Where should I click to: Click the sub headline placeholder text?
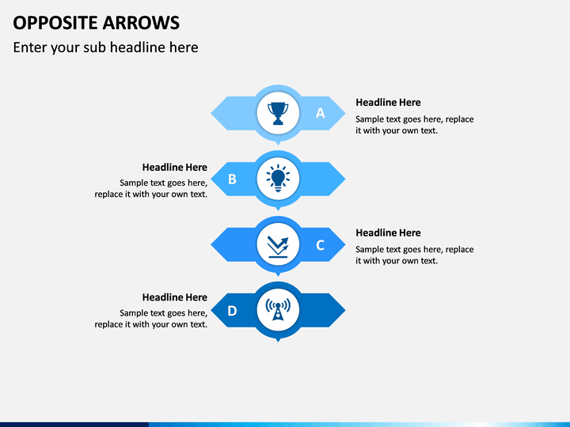click(105, 47)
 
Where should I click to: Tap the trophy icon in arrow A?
click(277, 113)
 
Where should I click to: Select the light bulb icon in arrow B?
click(277, 179)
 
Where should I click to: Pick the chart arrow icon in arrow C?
click(277, 244)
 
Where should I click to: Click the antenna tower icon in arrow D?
click(277, 310)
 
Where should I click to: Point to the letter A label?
click(321, 113)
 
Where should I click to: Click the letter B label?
click(232, 179)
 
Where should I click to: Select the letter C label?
click(321, 245)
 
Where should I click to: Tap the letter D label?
click(232, 311)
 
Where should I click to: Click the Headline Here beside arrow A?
click(388, 103)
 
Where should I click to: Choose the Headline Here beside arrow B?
click(174, 168)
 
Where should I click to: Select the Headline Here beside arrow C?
click(388, 233)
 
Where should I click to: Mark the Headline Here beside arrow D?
click(174, 298)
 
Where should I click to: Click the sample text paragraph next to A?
click(414, 125)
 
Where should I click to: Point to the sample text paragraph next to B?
click(151, 188)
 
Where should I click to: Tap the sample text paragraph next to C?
click(414, 255)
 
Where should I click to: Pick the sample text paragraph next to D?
click(151, 319)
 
